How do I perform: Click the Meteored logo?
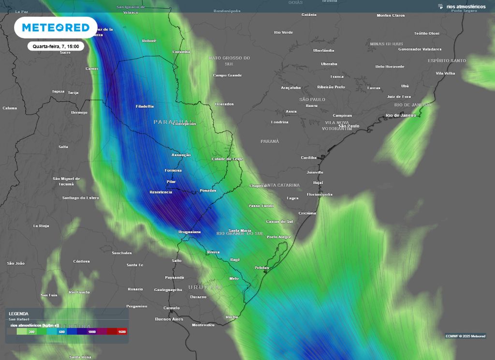click(56, 28)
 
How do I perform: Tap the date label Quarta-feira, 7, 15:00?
click(56, 46)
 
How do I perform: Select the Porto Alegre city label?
click(279, 237)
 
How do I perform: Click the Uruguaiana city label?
click(189, 232)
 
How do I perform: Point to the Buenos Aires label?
click(169, 319)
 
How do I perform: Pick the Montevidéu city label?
click(203, 325)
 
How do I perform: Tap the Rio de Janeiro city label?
click(400, 115)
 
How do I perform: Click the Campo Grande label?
click(227, 75)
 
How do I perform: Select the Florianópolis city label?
click(320, 194)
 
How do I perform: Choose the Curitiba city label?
click(308, 157)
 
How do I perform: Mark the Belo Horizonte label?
click(390, 66)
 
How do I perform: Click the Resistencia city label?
click(161, 192)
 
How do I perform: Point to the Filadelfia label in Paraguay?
click(145, 106)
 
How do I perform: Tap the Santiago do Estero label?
click(81, 197)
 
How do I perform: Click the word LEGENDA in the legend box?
click(18, 314)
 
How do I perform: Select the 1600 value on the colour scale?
click(121, 332)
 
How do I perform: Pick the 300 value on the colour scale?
click(31, 332)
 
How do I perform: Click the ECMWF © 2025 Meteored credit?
click(466, 336)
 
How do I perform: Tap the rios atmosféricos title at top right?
click(466, 7)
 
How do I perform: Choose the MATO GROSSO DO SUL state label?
click(229, 60)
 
